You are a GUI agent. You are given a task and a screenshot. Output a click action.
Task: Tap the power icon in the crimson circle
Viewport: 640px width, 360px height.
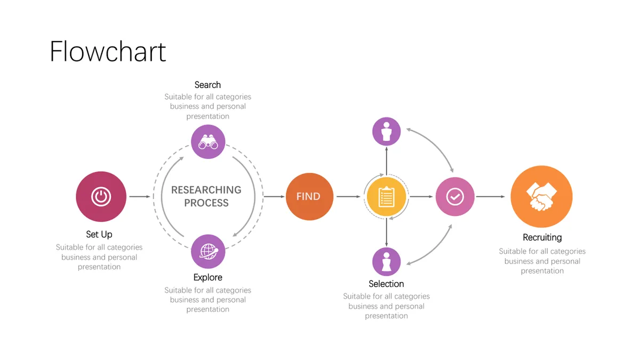(x=101, y=197)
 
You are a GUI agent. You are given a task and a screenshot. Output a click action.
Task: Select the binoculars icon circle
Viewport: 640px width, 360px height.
(x=208, y=142)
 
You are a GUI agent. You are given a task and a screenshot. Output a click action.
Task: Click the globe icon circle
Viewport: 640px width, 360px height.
(x=208, y=251)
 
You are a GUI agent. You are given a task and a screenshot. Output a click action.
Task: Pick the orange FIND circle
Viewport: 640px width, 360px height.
(x=309, y=197)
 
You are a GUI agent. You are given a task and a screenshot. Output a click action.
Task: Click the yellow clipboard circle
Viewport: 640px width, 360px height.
(x=386, y=197)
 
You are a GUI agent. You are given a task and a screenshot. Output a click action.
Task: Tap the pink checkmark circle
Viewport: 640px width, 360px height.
(x=455, y=197)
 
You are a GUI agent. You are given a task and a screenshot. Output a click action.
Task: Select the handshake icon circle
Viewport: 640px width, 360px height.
(x=541, y=197)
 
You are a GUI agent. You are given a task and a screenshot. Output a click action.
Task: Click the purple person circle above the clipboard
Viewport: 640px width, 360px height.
(x=386, y=131)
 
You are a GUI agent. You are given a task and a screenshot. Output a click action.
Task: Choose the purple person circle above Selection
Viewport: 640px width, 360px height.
(x=386, y=262)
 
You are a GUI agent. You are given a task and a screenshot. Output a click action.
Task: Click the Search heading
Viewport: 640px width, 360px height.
(x=207, y=85)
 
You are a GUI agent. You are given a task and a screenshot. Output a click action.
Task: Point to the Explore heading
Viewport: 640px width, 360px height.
(x=207, y=277)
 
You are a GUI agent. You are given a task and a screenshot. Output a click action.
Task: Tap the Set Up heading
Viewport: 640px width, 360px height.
(x=99, y=235)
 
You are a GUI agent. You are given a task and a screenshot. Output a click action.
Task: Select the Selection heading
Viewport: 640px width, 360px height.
(x=386, y=284)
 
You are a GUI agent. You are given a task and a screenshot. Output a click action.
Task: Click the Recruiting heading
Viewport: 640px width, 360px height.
(x=542, y=237)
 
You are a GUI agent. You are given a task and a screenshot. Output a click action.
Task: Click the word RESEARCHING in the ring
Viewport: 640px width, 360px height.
(x=206, y=190)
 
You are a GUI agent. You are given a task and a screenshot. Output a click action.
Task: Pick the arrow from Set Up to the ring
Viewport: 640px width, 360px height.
(x=140, y=197)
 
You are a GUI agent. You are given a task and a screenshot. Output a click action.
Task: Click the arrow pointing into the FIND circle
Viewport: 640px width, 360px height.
(x=274, y=197)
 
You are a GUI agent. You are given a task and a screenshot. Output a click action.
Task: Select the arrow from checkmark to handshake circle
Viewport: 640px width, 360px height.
(x=491, y=197)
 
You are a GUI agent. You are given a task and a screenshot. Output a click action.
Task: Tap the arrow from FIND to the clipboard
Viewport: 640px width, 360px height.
(x=349, y=197)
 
